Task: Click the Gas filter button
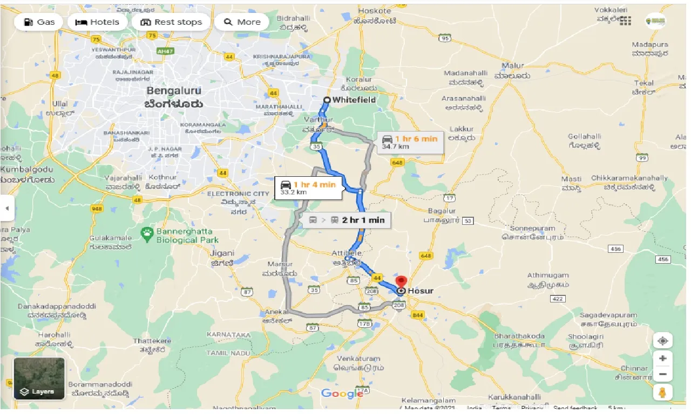[38, 22]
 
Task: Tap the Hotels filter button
[97, 22]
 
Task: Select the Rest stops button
[171, 22]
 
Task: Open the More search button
[242, 22]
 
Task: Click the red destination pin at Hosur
[401, 282]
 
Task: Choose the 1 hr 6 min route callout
[410, 142]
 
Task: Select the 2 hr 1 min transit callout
[347, 220]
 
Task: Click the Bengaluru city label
[175, 97]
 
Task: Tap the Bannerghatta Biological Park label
[186, 236]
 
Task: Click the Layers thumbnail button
[39, 378]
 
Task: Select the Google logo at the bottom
[342, 394]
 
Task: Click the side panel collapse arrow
[6, 208]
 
